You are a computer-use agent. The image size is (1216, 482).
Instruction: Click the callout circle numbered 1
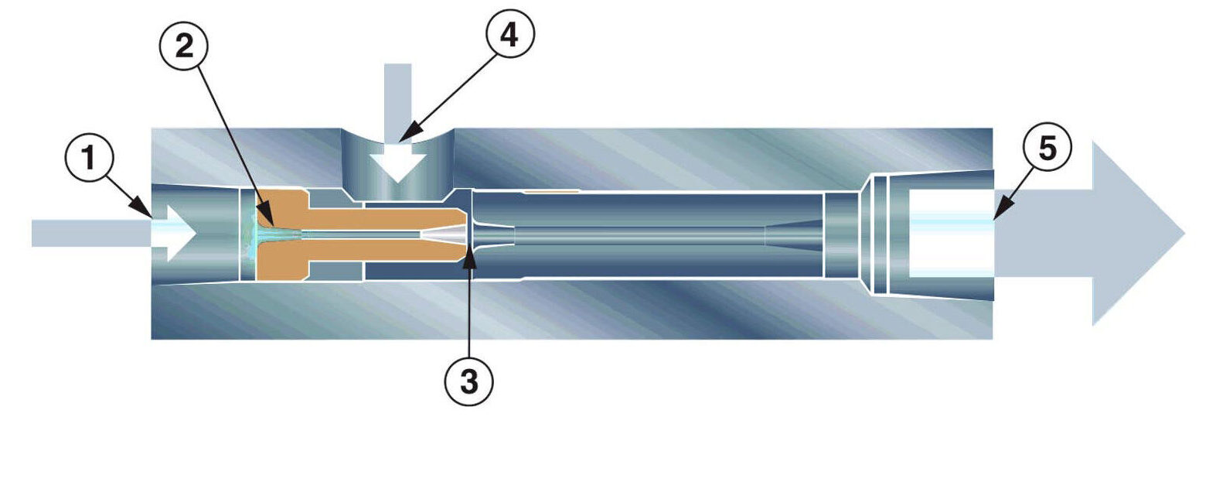pos(89,159)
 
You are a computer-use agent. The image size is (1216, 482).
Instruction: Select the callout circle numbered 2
pos(185,46)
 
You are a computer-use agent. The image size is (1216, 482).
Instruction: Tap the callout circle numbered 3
pos(468,381)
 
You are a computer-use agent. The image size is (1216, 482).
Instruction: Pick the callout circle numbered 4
pos(509,35)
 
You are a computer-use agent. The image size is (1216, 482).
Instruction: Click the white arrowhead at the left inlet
pos(176,233)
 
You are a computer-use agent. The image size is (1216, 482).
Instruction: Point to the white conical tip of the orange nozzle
pos(445,233)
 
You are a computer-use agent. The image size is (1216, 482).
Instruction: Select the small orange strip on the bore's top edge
pos(550,190)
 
